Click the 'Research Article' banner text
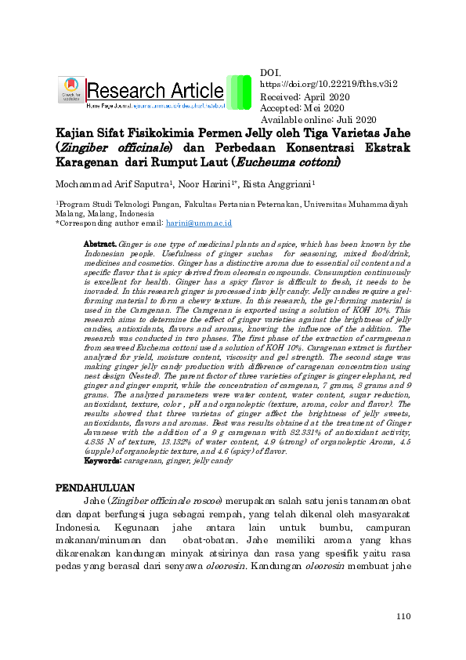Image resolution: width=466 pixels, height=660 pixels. coord(155,90)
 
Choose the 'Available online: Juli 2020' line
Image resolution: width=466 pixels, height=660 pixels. coord(318,120)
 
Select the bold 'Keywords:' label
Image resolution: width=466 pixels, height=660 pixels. coord(102,462)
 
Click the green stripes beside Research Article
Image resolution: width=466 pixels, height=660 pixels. coord(238,92)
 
